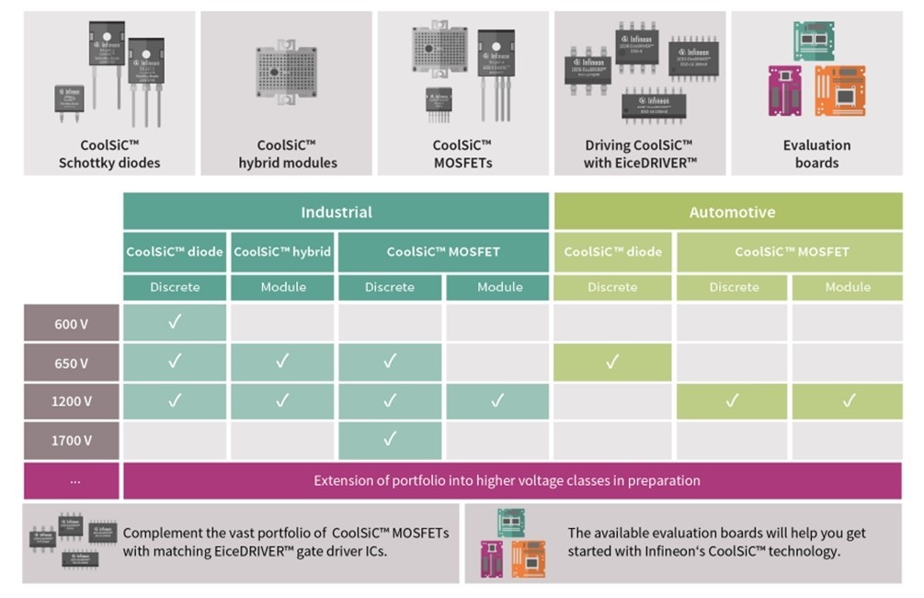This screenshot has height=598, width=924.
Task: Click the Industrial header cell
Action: coord(337,212)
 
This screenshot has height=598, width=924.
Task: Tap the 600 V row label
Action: coord(72,323)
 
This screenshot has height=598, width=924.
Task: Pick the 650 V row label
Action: coord(72,362)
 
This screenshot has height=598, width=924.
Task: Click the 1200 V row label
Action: coord(72,401)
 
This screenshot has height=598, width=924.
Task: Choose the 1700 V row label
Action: coord(72,440)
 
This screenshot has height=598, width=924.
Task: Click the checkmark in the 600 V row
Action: coord(175,322)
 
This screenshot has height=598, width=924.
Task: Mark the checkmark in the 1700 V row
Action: coord(390,439)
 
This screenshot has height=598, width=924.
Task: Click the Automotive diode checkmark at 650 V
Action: coord(612,362)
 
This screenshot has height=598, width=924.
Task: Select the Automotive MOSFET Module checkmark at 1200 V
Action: coord(848,400)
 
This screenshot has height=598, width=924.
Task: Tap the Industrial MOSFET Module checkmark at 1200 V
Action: coord(497,400)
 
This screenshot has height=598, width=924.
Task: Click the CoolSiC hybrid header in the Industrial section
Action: coord(283,251)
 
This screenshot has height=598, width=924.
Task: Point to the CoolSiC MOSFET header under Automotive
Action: coord(792,251)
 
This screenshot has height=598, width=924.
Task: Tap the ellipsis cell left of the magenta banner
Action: coord(72,480)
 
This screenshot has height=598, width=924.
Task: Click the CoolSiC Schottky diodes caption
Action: coord(109,154)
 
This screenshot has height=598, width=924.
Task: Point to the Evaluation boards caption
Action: coord(816,154)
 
